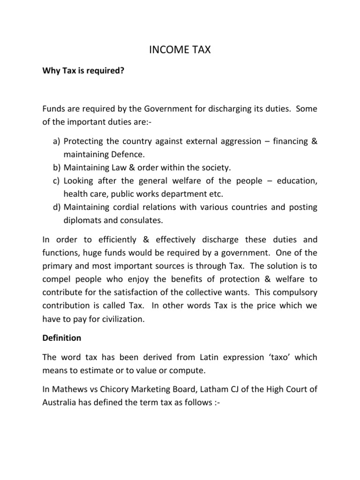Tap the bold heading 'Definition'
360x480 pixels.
[61, 337]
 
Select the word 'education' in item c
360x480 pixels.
[297, 180]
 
